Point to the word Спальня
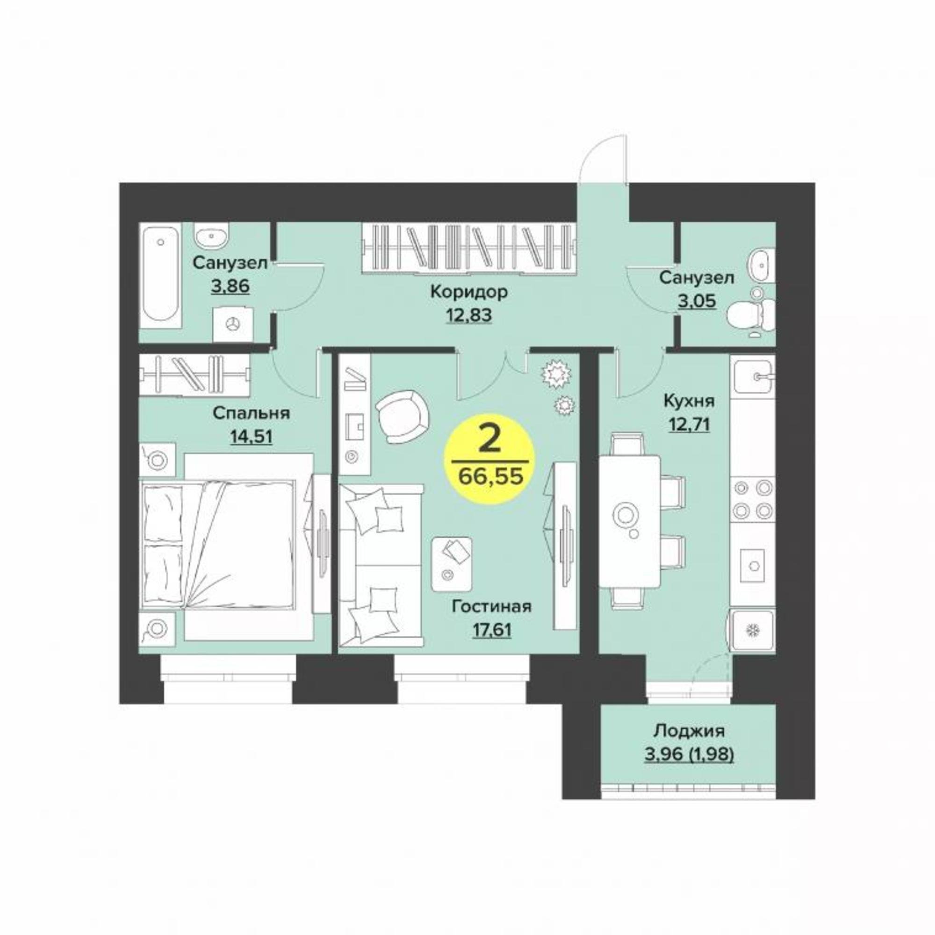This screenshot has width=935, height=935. pyautogui.click(x=251, y=413)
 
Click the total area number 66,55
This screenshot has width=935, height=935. pyautogui.click(x=491, y=477)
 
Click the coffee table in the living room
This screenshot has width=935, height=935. pyautogui.click(x=452, y=564)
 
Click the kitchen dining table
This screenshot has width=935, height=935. pyautogui.click(x=630, y=521)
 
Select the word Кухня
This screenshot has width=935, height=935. pyautogui.click(x=689, y=401)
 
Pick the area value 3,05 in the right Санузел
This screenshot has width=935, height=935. pyautogui.click(x=697, y=301)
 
